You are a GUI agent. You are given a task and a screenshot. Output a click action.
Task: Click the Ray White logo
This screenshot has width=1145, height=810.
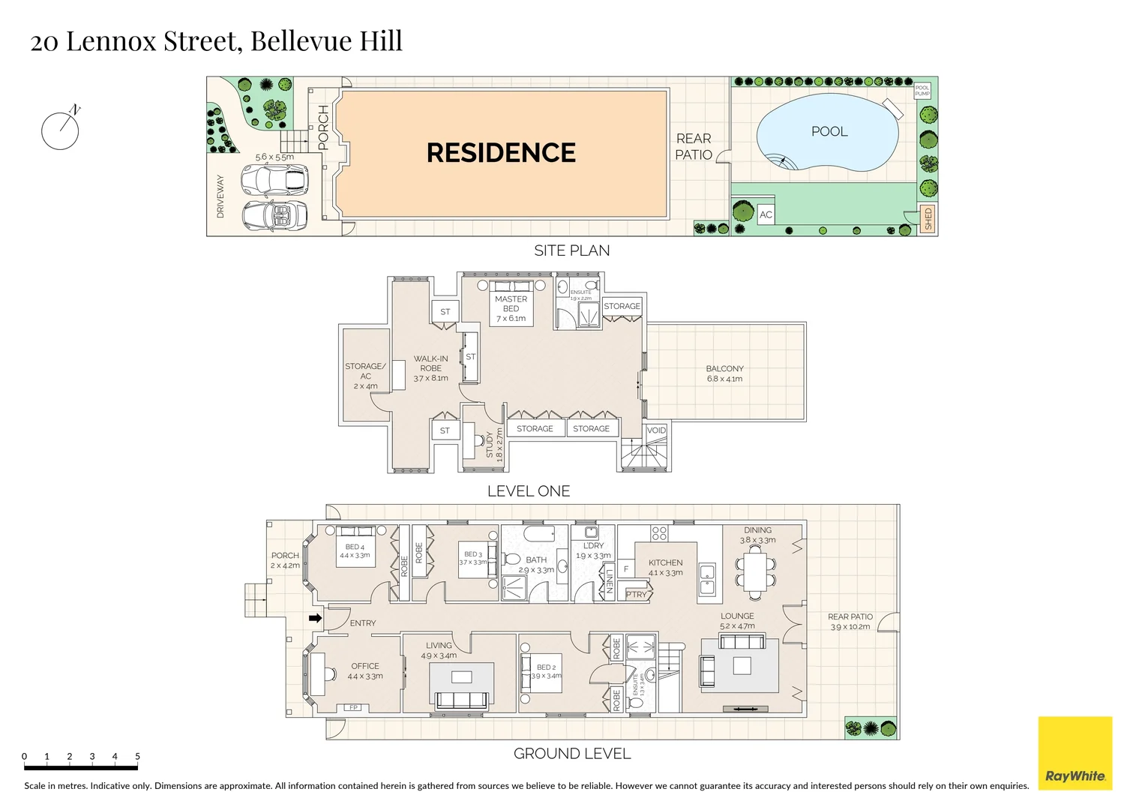[1075, 753]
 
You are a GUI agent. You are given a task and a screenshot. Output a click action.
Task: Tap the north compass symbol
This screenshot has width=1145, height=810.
[60, 130]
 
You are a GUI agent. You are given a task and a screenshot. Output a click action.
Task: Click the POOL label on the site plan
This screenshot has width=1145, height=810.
[829, 131]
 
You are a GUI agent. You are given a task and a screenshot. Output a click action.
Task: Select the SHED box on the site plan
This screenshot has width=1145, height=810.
[928, 218]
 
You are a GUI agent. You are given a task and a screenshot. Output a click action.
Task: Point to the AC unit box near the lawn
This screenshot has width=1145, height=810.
[766, 214]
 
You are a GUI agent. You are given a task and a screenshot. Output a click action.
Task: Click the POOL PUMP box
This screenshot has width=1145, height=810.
[922, 91]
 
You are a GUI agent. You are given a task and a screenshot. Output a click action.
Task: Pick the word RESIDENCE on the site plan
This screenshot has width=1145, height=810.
[501, 153]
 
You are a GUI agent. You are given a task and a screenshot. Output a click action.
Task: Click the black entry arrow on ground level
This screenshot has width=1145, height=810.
[316, 618]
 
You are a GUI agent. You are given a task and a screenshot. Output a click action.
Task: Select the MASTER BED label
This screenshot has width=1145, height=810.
[511, 304]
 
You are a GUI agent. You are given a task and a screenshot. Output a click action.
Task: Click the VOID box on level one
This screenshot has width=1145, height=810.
[656, 430]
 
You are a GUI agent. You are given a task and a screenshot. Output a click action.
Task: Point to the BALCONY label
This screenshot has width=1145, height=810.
[724, 369]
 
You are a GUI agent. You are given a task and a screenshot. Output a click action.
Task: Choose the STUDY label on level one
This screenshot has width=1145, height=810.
[490, 444]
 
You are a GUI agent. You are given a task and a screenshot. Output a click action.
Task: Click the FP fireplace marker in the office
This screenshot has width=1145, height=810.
[352, 707]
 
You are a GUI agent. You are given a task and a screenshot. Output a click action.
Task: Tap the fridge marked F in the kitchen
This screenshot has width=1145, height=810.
[626, 569]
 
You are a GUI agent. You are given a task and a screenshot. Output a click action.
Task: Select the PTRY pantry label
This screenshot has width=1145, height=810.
[636, 594]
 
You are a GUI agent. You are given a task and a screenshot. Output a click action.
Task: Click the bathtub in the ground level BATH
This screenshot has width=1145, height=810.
[538, 534]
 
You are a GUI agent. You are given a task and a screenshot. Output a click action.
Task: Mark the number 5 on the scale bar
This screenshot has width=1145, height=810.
[137, 756]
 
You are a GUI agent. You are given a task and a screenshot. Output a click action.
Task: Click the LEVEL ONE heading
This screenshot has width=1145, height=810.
[529, 491]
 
